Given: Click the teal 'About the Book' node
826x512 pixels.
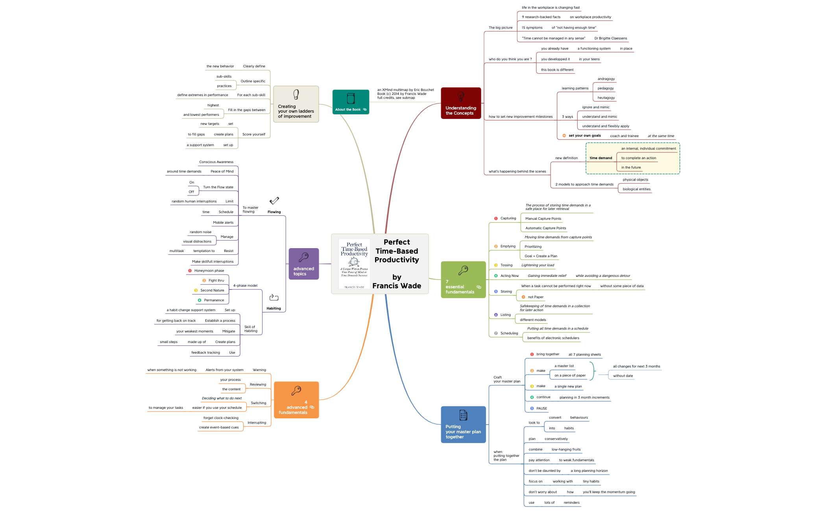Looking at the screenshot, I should click(x=351, y=102).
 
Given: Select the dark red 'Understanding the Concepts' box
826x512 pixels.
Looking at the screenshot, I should click(x=461, y=103).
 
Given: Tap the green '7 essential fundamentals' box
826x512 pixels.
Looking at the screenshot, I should click(x=463, y=280).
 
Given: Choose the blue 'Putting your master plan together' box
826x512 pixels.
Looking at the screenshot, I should click(x=463, y=425).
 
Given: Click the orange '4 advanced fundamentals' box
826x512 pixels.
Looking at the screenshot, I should click(x=296, y=400).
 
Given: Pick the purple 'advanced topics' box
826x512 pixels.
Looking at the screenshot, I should click(x=303, y=264).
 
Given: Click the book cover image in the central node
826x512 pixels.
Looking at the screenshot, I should click(x=354, y=264).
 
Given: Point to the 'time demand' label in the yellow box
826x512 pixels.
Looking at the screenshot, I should click(x=601, y=158).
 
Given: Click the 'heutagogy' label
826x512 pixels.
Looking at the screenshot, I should click(x=606, y=98).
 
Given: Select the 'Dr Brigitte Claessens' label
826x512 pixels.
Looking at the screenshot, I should click(x=611, y=38).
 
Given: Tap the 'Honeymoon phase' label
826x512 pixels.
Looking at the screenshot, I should click(x=209, y=271).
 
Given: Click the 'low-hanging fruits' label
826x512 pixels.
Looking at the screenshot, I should click(x=566, y=449).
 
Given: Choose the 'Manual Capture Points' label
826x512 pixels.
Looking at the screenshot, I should click(x=543, y=219).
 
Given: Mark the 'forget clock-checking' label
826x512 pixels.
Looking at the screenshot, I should click(x=221, y=418).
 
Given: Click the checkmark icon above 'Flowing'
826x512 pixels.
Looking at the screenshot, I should click(x=274, y=201).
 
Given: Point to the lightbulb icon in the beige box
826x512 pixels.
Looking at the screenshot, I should click(x=296, y=95).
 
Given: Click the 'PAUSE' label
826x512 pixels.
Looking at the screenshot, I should click(x=541, y=408).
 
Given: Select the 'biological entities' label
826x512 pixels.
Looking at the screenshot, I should click(x=636, y=189).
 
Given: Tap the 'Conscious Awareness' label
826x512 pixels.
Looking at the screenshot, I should click(x=216, y=162).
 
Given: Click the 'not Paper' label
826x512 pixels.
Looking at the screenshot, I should click(x=536, y=297).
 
